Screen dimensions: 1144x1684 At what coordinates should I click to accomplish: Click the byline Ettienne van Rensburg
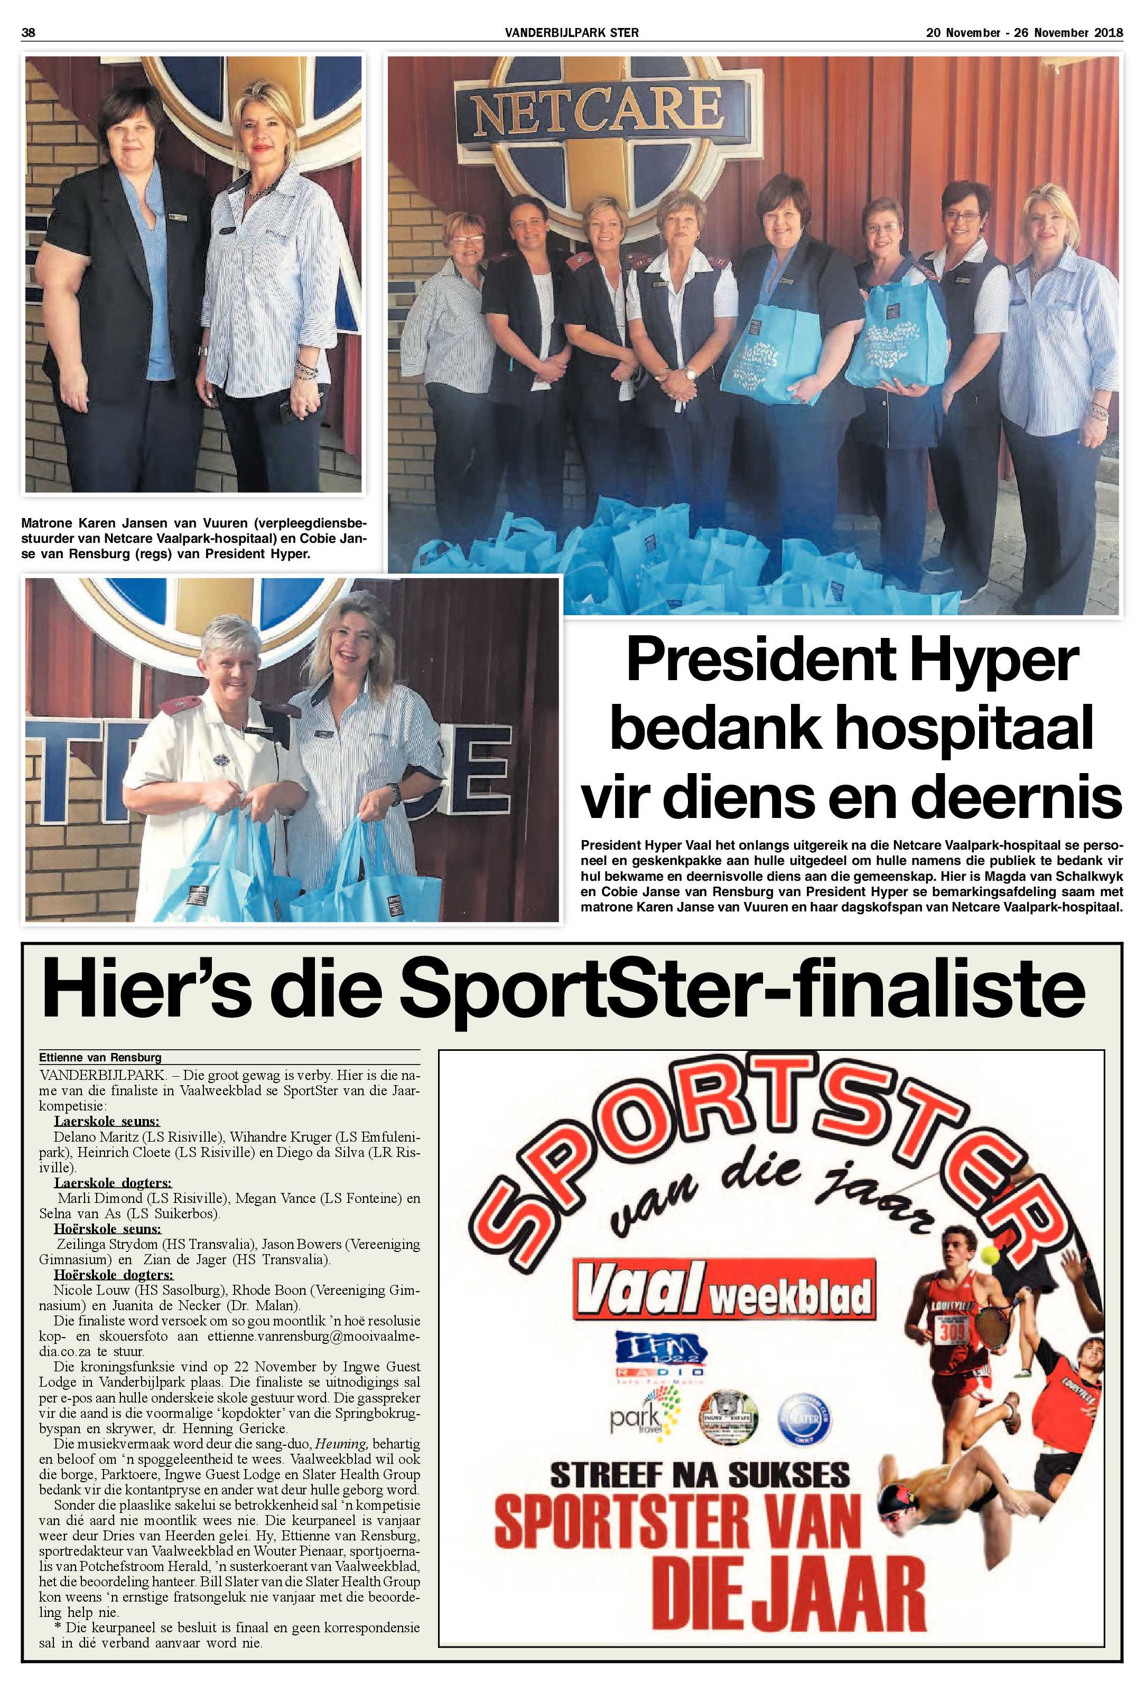pyautogui.click(x=101, y=1057)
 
